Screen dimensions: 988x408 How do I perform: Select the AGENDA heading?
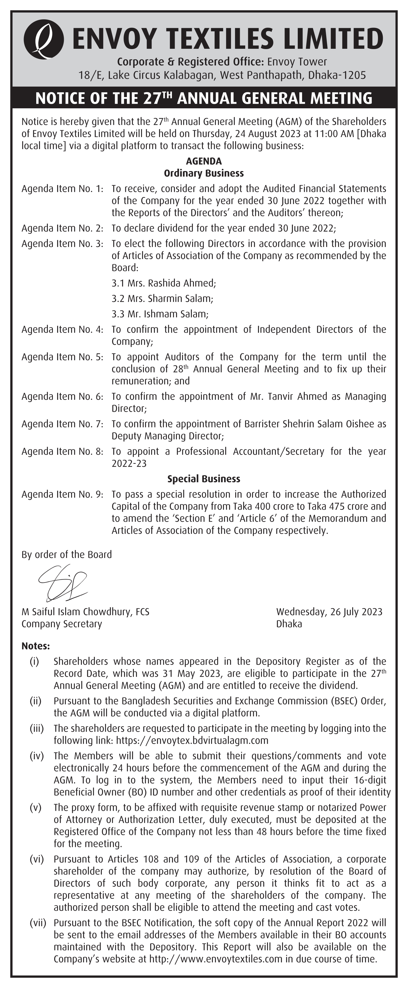pos(204,161)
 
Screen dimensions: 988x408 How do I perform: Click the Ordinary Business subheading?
pos(204,173)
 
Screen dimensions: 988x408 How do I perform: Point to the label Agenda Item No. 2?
pos(63,228)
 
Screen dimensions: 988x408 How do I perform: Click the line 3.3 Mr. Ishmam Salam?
pos(160,314)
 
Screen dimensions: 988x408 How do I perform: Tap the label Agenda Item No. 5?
pos(63,357)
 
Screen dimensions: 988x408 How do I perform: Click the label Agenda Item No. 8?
pos(63,452)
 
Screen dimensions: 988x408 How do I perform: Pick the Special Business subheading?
pos(204,479)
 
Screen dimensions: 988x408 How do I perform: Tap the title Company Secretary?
pos(62,624)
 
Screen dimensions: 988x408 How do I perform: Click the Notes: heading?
pos(36,646)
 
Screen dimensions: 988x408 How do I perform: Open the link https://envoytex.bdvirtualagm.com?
pos(192,740)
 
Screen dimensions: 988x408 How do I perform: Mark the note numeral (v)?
pos(36,808)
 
